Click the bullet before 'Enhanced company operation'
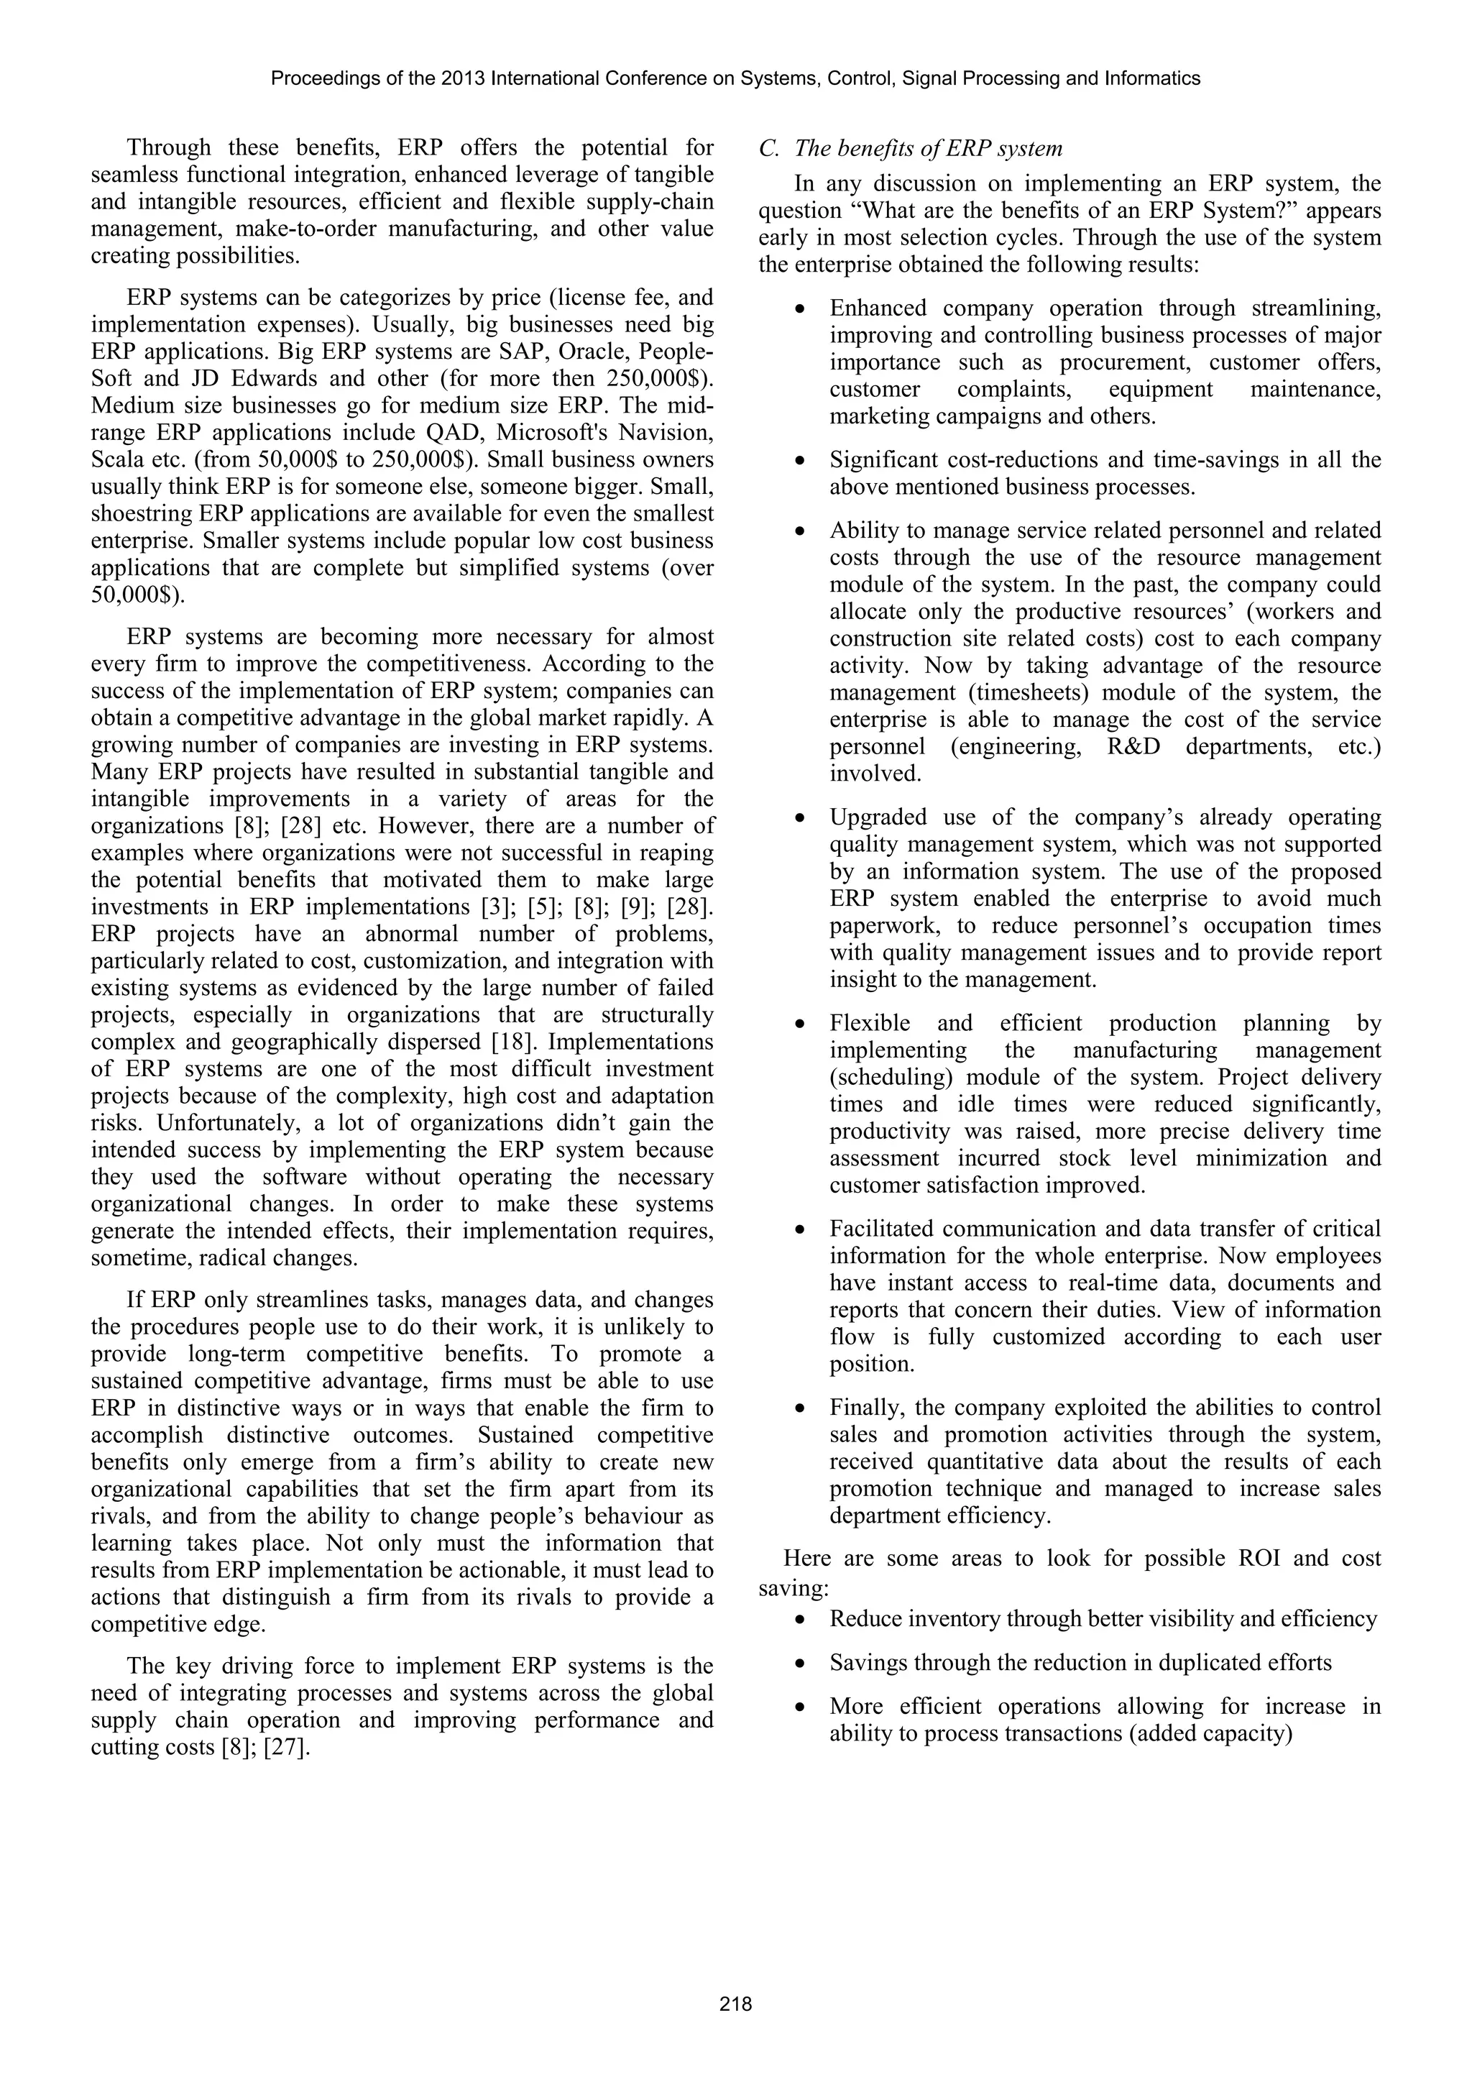(x=799, y=310)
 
